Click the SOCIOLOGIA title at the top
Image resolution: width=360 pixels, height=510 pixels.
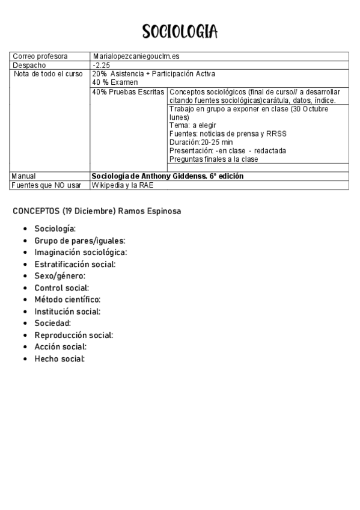click(x=180, y=31)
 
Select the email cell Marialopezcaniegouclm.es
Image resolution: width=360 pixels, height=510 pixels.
click(x=136, y=56)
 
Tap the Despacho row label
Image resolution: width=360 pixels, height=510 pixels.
click(x=29, y=65)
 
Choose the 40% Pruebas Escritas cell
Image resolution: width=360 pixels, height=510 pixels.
click(x=129, y=91)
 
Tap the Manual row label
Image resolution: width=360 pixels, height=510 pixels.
click(x=24, y=176)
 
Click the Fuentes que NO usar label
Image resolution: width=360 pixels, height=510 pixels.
click(x=47, y=185)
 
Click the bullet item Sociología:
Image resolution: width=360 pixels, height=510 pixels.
click(x=55, y=229)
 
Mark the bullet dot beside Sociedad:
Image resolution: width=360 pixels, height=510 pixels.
click(x=24, y=324)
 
